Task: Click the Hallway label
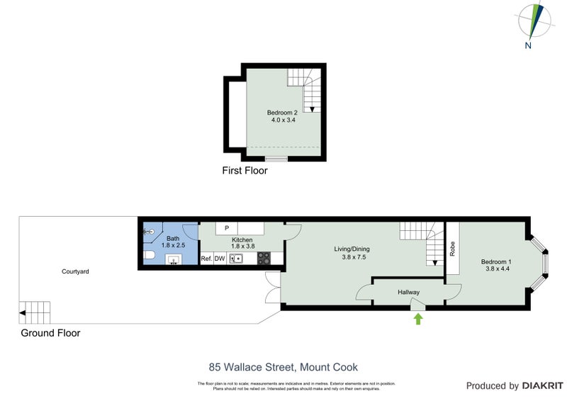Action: (408, 292)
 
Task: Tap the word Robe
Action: (452, 249)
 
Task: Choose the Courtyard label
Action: (75, 271)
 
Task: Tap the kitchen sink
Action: (236, 259)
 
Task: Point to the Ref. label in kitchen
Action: (206, 259)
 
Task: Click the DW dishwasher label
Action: (220, 259)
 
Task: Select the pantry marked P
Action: (226, 228)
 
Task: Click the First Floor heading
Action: (245, 170)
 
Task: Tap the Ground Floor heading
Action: (50, 332)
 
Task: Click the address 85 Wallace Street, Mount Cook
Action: (283, 367)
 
